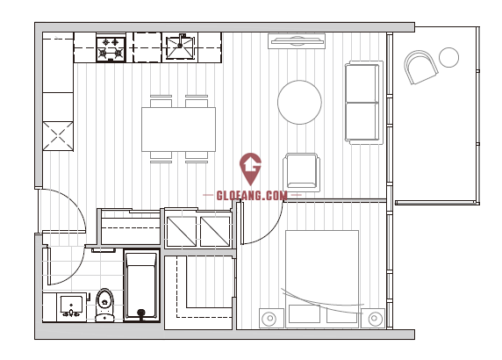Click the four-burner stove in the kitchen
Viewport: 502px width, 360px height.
tap(111, 48)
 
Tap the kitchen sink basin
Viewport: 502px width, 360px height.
tap(180, 47)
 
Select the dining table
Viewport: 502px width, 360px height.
tap(179, 129)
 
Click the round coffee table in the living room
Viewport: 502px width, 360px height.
tap(299, 102)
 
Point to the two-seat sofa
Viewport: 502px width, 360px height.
tap(364, 103)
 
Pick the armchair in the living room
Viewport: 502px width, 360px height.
tap(301, 172)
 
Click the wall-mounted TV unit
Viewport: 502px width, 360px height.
tap(297, 41)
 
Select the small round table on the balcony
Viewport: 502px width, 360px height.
tap(448, 57)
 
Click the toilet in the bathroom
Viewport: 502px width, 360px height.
tap(104, 306)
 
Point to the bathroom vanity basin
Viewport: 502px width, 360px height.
tap(72, 306)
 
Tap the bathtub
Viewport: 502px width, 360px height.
tap(142, 285)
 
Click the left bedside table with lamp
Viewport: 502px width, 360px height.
tap(271, 318)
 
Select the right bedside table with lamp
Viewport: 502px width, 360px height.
tap(373, 318)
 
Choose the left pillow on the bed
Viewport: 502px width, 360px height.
tap(305, 314)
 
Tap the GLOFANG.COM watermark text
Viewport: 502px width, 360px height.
tap(252, 196)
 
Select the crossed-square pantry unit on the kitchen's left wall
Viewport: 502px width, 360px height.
tap(58, 136)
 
